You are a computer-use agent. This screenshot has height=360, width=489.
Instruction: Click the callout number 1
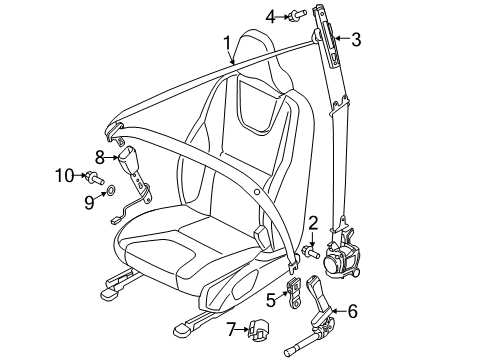tap(227, 44)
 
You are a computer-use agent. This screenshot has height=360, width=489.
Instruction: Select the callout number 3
tap(356, 39)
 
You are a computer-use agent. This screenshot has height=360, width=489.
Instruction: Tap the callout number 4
tap(270, 17)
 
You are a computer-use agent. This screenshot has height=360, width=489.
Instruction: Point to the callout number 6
tap(352, 311)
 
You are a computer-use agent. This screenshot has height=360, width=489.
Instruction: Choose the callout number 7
tap(231, 329)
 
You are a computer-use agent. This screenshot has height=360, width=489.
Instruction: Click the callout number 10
tap(65, 175)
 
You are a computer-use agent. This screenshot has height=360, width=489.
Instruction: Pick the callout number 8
tap(100, 157)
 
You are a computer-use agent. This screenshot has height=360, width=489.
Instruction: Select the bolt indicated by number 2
tap(310, 252)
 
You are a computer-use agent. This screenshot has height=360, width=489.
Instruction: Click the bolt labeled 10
tap(94, 177)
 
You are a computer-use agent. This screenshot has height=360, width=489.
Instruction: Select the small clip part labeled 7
tap(259, 330)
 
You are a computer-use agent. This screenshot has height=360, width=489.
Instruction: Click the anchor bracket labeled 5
tap(294, 293)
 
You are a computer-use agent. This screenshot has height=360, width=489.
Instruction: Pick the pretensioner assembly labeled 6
tap(315, 317)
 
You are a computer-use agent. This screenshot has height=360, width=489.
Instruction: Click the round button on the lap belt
tap(256, 192)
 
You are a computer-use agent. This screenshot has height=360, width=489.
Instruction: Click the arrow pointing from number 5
tap(282, 295)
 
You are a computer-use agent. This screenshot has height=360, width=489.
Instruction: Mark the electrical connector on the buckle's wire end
tap(115, 220)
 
